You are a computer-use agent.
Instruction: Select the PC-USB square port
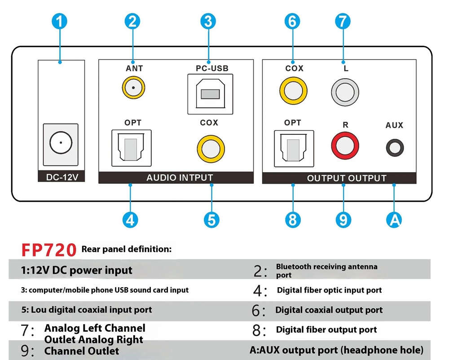(x=210, y=94)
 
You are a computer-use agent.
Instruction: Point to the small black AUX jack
(x=395, y=147)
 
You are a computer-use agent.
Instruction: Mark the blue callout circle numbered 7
(x=342, y=21)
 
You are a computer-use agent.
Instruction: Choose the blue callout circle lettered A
(x=394, y=220)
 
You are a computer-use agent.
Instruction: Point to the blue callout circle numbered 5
(x=211, y=220)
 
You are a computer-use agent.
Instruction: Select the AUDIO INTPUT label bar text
(x=180, y=178)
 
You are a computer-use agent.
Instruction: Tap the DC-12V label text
(x=62, y=177)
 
